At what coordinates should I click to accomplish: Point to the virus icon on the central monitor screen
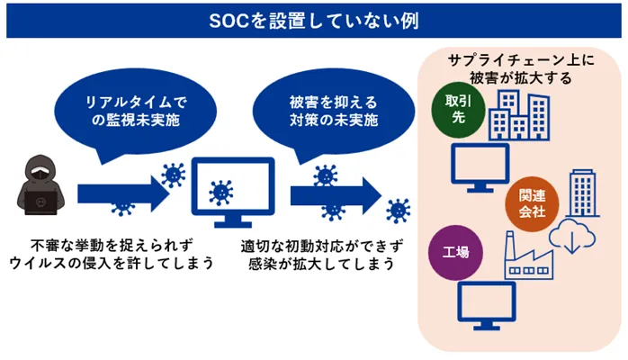[x=219, y=191]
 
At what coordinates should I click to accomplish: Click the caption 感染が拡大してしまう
[x=319, y=263]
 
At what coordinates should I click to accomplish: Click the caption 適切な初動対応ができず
[x=319, y=244]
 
